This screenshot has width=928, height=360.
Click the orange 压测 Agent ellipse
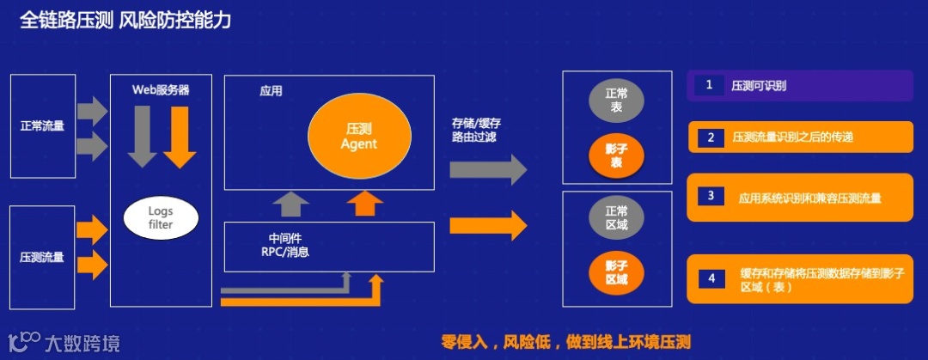pyautogui.click(x=358, y=135)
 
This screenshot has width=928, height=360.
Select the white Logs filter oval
pyautogui.click(x=161, y=217)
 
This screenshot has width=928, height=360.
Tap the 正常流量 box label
pyautogui.click(x=42, y=125)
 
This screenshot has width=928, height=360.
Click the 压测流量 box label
pyautogui.click(x=42, y=257)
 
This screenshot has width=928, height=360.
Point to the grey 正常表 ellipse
pyautogui.click(x=616, y=101)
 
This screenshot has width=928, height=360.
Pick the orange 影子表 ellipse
pyautogui.click(x=616, y=155)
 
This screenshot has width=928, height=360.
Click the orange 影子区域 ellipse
pyautogui.click(x=616, y=272)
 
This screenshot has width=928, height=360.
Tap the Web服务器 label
pyautogui.click(x=161, y=88)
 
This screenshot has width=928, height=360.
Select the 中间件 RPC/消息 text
pyautogui.click(x=284, y=245)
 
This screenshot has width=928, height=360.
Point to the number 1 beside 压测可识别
pyautogui.click(x=709, y=85)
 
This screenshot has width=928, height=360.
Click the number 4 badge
pyautogui.click(x=711, y=279)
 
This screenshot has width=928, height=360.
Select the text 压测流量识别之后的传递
pyautogui.click(x=791, y=137)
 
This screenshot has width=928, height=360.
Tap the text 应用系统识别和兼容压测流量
pyautogui.click(x=809, y=198)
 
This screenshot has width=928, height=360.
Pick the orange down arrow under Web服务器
pyautogui.click(x=180, y=136)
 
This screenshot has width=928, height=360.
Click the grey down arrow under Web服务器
pyautogui.click(x=142, y=136)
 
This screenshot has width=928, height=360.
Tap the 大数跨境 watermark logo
pyautogui.click(x=64, y=343)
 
